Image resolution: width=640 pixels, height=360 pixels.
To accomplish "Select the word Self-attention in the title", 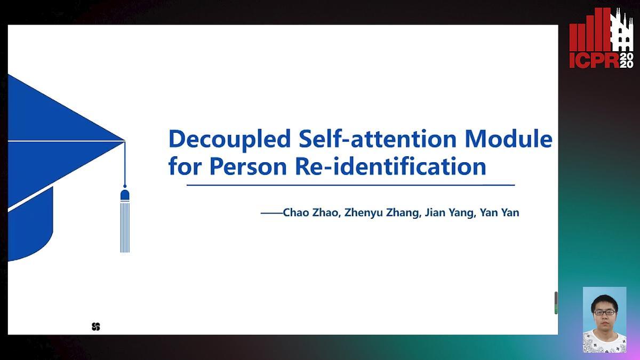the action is pyautogui.click(x=378, y=138).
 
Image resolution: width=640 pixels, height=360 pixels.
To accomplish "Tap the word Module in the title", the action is pyautogui.click(x=509, y=138).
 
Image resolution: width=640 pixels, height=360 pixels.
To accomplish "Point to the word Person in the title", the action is pyautogui.click(x=248, y=166).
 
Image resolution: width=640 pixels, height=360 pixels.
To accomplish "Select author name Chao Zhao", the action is pyautogui.click(x=311, y=213).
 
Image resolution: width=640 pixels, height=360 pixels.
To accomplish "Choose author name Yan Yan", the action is pyautogui.click(x=499, y=213).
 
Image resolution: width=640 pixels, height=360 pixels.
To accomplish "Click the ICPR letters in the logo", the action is pyautogui.click(x=594, y=61).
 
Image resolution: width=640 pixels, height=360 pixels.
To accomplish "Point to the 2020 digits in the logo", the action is pyautogui.click(x=626, y=60).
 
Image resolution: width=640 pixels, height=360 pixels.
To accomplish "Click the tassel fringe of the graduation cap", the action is pyautogui.click(x=125, y=227).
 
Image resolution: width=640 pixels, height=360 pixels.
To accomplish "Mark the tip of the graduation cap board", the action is pyautogui.click(x=125, y=141).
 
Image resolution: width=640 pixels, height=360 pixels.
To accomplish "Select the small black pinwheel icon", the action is pyautogui.click(x=96, y=326).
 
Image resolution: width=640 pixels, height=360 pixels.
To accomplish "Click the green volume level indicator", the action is pyautogui.click(x=556, y=309).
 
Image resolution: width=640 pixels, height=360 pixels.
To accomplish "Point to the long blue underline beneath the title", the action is pyautogui.click(x=350, y=185).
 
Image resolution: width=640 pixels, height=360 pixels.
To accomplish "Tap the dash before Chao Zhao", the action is pyautogui.click(x=271, y=213).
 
